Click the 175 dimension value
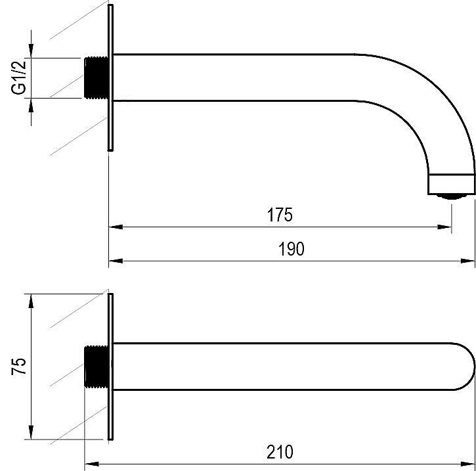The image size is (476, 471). click(280, 215)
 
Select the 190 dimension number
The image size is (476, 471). click(291, 249)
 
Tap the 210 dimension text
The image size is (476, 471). click(280, 452)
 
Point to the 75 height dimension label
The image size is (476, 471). click(19, 367)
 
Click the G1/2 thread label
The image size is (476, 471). click(19, 77)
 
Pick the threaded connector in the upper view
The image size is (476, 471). click(97, 78)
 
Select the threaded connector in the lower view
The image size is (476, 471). click(97, 367)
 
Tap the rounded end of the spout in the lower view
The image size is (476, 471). click(464, 367)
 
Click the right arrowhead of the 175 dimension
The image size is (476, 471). click(444, 227)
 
